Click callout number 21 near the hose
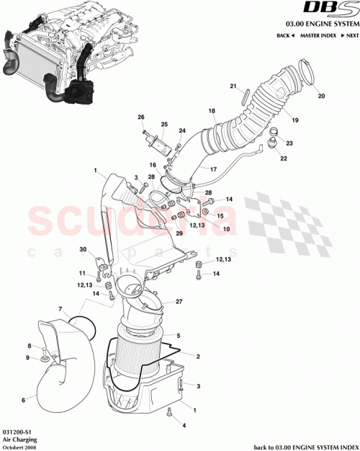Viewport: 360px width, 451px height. (x=233, y=86)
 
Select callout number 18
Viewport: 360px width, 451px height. (x=212, y=111)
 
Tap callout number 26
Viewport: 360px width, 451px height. (x=141, y=117)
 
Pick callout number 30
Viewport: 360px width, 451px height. (x=83, y=249)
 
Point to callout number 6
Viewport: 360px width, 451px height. (x=24, y=400)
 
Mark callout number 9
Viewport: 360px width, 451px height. (x=30, y=358)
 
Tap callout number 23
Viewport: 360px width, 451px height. (x=289, y=143)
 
